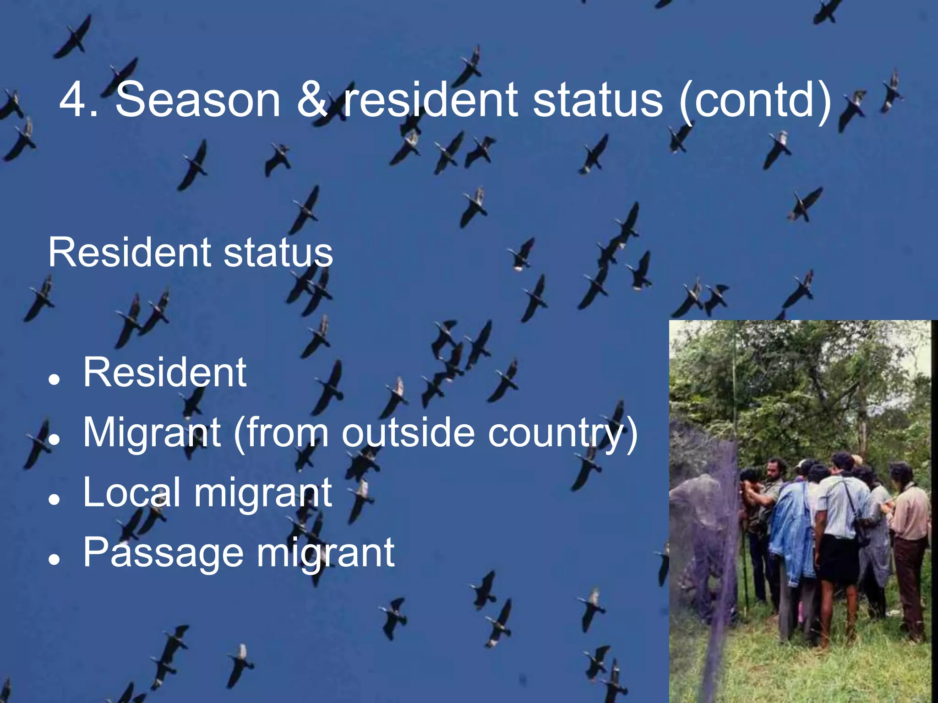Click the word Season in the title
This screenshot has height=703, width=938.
pos(197,99)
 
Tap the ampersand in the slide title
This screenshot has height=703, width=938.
pos(312,99)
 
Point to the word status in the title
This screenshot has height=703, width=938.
pos(598,99)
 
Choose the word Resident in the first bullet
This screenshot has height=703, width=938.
pos(165,373)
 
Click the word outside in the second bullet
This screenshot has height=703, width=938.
pos(408,433)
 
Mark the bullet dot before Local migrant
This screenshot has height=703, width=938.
pos(55,499)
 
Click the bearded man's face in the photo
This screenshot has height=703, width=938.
pos(775,471)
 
